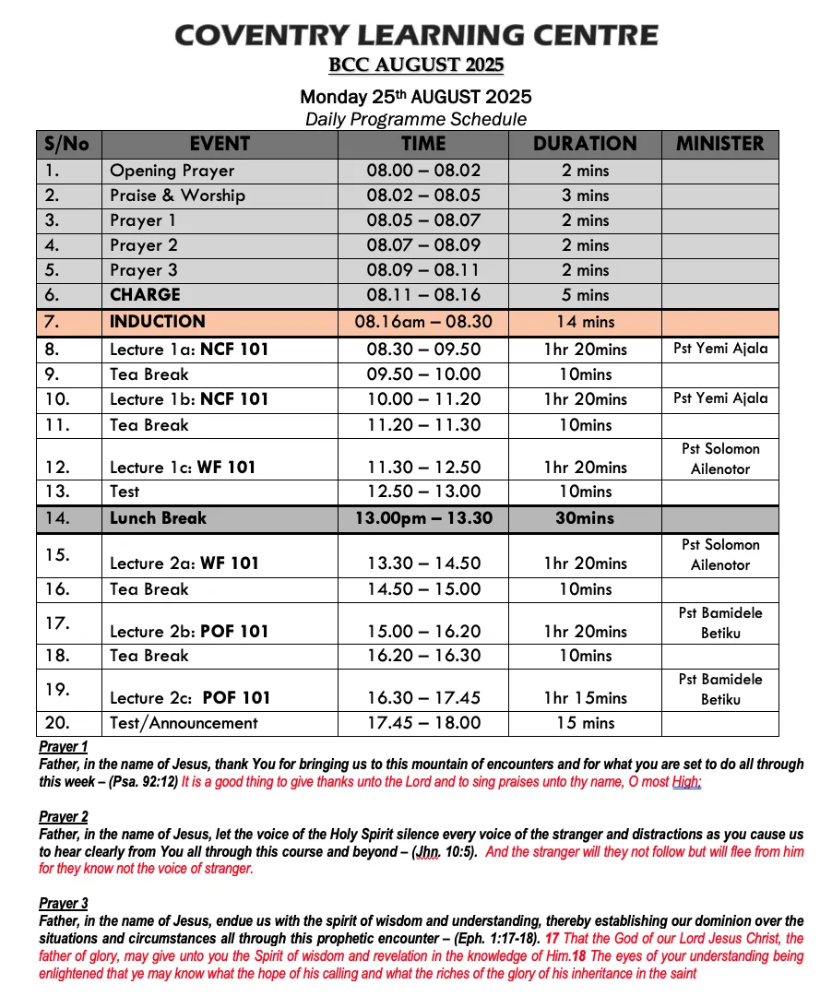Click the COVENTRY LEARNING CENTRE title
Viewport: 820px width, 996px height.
(416, 36)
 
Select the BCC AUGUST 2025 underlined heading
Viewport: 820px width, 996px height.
(416, 65)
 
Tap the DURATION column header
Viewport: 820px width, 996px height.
(585, 144)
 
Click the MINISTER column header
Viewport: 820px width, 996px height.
(719, 144)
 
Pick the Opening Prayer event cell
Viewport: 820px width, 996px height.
(172, 171)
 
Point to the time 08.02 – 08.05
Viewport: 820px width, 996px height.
(423, 196)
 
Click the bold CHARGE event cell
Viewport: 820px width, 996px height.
(145, 295)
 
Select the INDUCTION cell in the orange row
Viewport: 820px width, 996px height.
(157, 322)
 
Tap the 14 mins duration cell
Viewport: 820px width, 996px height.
(585, 323)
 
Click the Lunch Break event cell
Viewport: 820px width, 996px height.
(158, 518)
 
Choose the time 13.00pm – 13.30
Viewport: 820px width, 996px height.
(423, 518)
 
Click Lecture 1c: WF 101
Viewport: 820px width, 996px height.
(183, 468)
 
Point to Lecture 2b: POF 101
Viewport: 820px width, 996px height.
(189, 632)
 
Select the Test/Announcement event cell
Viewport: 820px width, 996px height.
(184, 723)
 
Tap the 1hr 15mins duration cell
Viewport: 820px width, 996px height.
(585, 698)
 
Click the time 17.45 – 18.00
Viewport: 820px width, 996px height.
(423, 723)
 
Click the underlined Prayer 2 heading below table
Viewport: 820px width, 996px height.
(64, 817)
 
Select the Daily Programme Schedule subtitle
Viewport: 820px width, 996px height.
(416, 119)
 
